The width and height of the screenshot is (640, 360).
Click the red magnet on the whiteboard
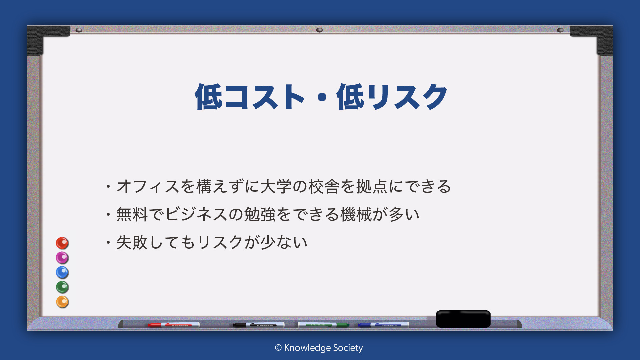pyautogui.click(x=62, y=243)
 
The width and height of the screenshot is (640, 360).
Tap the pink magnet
pyautogui.click(x=62, y=258)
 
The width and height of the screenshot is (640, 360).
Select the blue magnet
pyautogui.click(x=62, y=272)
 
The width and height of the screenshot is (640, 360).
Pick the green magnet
pyautogui.click(x=62, y=287)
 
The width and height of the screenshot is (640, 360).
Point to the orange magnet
pyautogui.click(x=62, y=302)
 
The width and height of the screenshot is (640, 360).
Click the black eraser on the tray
pyautogui.click(x=463, y=319)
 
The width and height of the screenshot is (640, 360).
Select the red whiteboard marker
pyautogui.click(x=174, y=325)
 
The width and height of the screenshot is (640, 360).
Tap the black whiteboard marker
pyautogui.click(x=259, y=325)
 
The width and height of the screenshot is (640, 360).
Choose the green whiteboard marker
pyautogui.click(x=323, y=325)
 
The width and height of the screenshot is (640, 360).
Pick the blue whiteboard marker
pyautogui.click(x=383, y=325)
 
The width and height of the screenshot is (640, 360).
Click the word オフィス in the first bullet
pyautogui.click(x=148, y=186)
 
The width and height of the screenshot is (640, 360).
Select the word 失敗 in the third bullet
pyautogui.click(x=132, y=242)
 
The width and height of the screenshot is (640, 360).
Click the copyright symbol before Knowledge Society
pyautogui.click(x=278, y=348)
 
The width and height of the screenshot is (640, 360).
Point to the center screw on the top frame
pyautogui.click(x=319, y=30)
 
